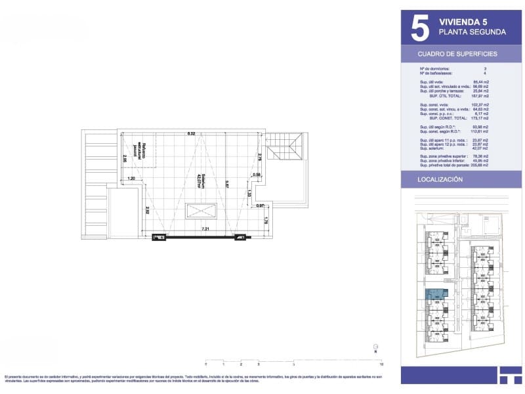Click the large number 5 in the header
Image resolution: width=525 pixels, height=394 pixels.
pos(419,28)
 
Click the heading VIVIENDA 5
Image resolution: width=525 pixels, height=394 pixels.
pos(463,22)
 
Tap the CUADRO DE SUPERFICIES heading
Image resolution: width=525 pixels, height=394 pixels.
pos(457,54)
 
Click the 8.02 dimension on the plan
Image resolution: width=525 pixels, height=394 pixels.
pos(191,133)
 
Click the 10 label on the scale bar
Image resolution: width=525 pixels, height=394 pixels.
pos(381,363)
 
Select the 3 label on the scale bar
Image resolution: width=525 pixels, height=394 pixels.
pos(259,363)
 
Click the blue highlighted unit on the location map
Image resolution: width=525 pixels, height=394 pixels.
pos(433,296)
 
